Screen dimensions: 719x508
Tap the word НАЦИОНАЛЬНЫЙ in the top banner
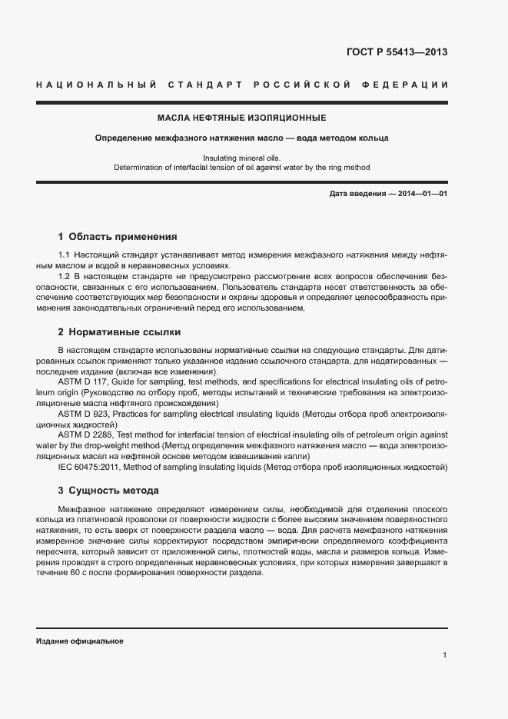coord(96,84)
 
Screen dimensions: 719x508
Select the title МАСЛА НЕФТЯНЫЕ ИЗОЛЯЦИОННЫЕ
coord(241,118)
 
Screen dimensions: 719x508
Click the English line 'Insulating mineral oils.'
coord(241,158)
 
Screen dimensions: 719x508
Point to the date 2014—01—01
coord(422,194)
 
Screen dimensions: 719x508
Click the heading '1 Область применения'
coord(118,237)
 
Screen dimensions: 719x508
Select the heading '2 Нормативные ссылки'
coord(119,332)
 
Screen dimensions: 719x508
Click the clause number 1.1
coord(65,255)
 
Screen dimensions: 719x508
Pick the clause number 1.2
coord(65,276)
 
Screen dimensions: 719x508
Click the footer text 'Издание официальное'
coord(79,641)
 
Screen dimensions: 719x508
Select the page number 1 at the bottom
coord(445,654)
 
